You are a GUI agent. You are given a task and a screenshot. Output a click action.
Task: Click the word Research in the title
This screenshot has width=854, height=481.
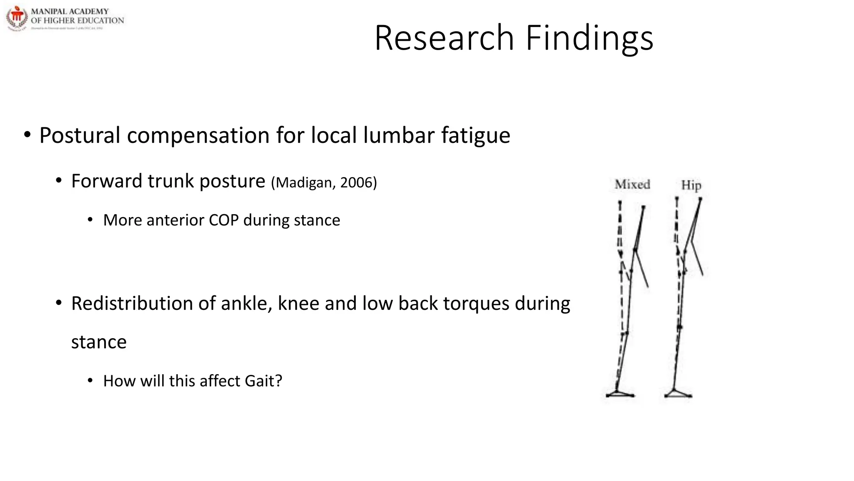[444, 38]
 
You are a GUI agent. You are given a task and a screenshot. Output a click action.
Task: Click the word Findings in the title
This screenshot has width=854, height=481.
[589, 39]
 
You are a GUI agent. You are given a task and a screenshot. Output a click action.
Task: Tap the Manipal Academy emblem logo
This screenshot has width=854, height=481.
[17, 18]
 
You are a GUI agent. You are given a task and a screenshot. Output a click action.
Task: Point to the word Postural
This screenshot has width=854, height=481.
[80, 135]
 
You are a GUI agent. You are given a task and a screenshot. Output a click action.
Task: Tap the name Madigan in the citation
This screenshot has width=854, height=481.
[304, 183]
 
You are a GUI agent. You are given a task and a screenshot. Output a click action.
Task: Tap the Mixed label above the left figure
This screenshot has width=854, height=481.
[632, 184]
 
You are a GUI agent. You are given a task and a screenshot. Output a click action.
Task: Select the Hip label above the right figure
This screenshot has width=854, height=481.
[691, 185]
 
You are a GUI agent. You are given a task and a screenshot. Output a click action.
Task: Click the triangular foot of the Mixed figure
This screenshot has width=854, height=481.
[620, 393]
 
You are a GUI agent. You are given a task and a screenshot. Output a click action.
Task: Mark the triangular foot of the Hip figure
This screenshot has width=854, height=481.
[678, 393]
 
